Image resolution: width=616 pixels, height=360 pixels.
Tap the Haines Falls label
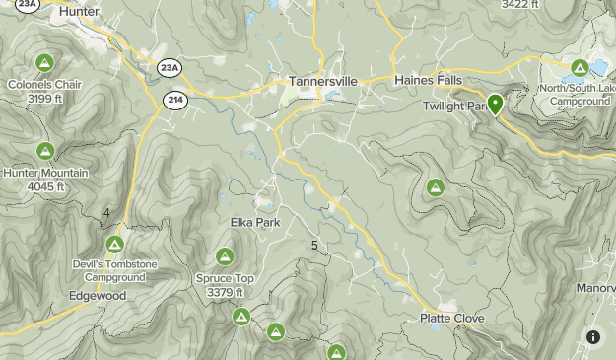pos(427,80)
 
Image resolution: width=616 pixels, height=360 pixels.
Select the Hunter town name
pos(79,11)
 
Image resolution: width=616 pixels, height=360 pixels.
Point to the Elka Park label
pos(255,223)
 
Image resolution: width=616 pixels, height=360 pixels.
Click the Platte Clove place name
pos(452,319)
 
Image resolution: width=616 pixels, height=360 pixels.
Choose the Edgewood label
pos(98,296)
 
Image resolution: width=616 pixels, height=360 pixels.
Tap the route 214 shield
pos(174,101)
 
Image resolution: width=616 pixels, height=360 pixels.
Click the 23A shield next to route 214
pos(170,67)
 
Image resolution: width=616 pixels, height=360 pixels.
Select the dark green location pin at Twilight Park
pos(495,104)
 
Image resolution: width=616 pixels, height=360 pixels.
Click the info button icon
pos(593,337)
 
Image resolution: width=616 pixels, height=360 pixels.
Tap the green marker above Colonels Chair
pos(43,64)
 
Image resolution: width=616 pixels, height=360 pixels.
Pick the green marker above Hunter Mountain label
pos(44,152)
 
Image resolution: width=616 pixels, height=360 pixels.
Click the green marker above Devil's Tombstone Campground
pos(114,244)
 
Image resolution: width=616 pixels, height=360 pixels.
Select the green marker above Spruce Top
pos(225,257)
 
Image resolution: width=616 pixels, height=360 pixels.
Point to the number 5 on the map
pos(314,246)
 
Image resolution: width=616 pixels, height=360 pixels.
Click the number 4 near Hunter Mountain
pos(106,213)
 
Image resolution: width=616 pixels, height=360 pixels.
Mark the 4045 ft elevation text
pos(45,186)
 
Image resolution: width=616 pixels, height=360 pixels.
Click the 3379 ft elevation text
pos(226,292)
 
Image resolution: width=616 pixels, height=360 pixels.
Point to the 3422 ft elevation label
pos(519,4)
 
